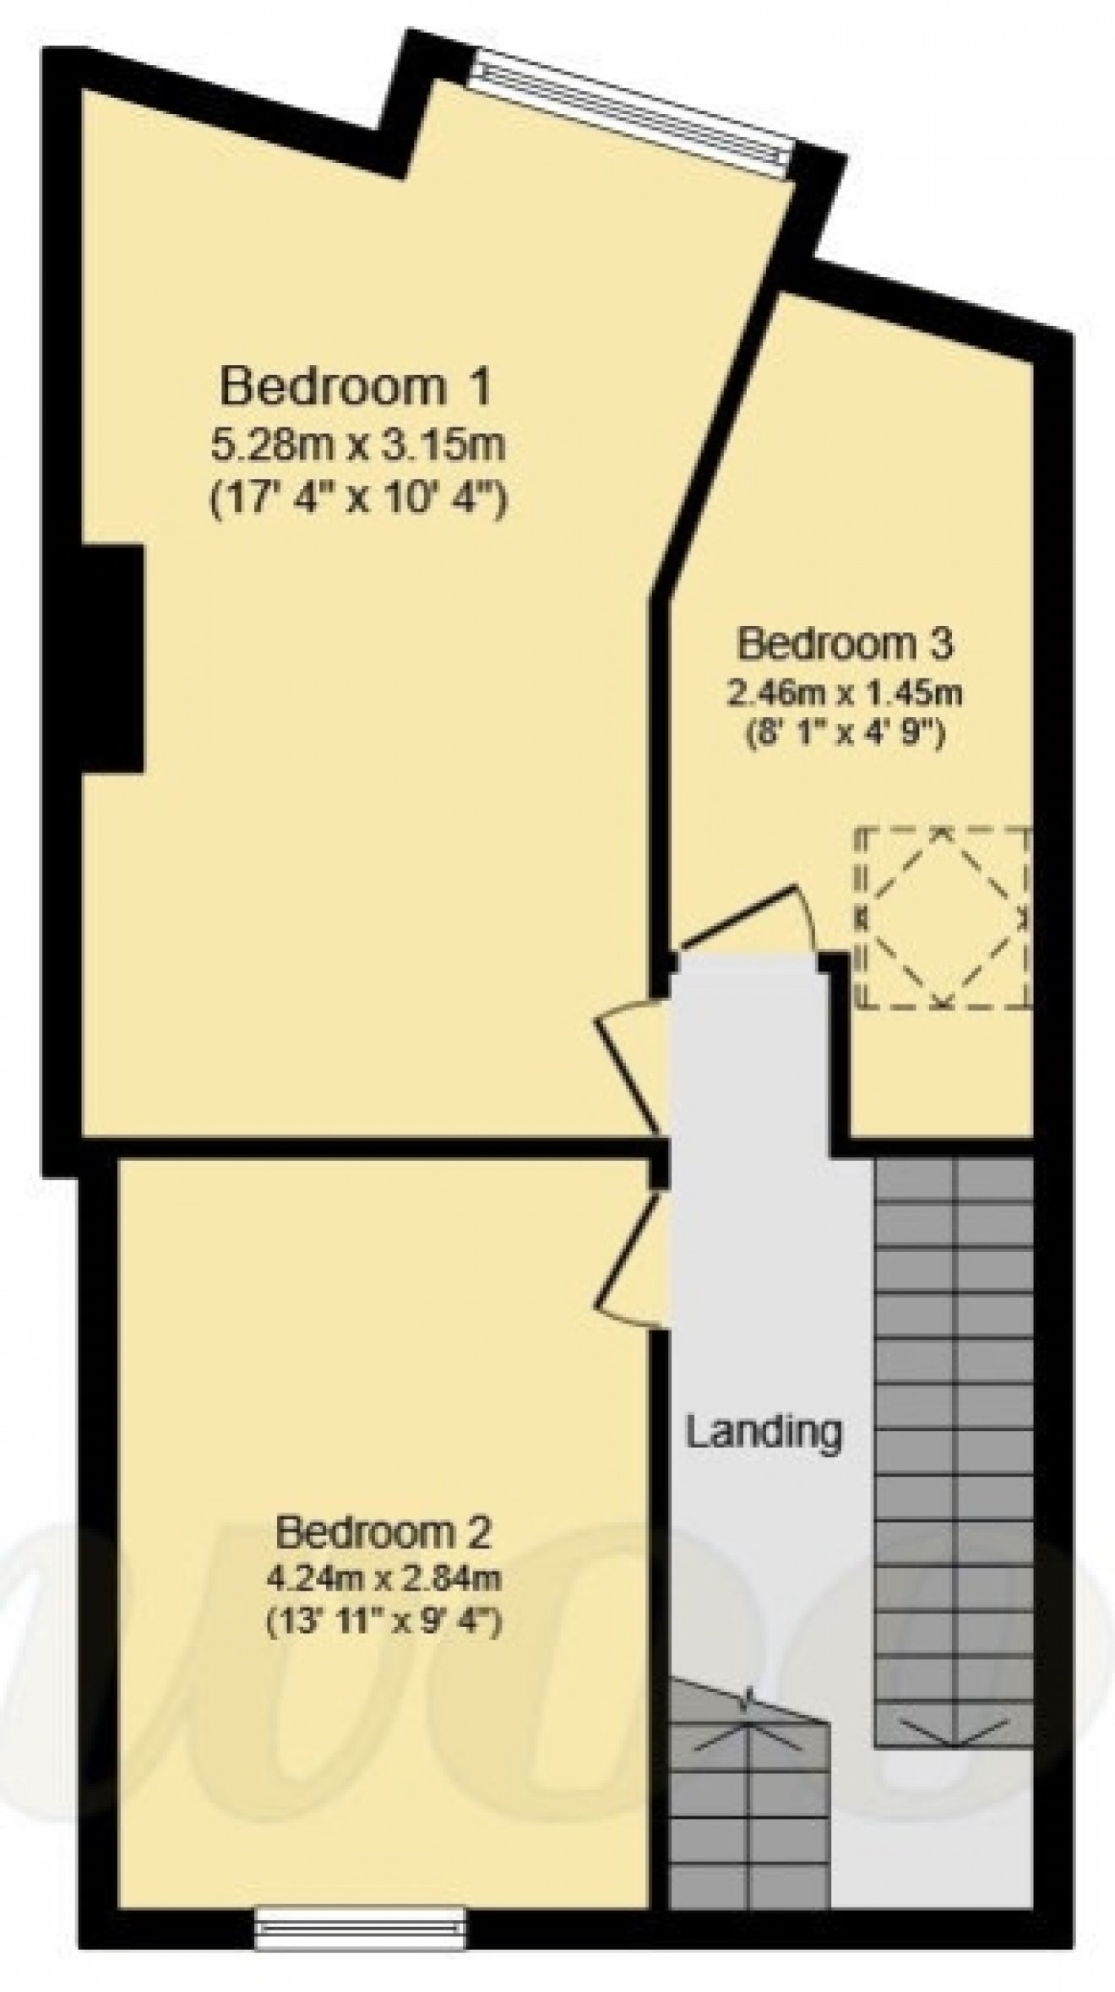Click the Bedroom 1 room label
click(355, 387)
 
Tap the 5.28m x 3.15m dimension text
click(357, 445)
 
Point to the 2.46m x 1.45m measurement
click(845, 694)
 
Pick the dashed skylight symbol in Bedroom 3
click(944, 917)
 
